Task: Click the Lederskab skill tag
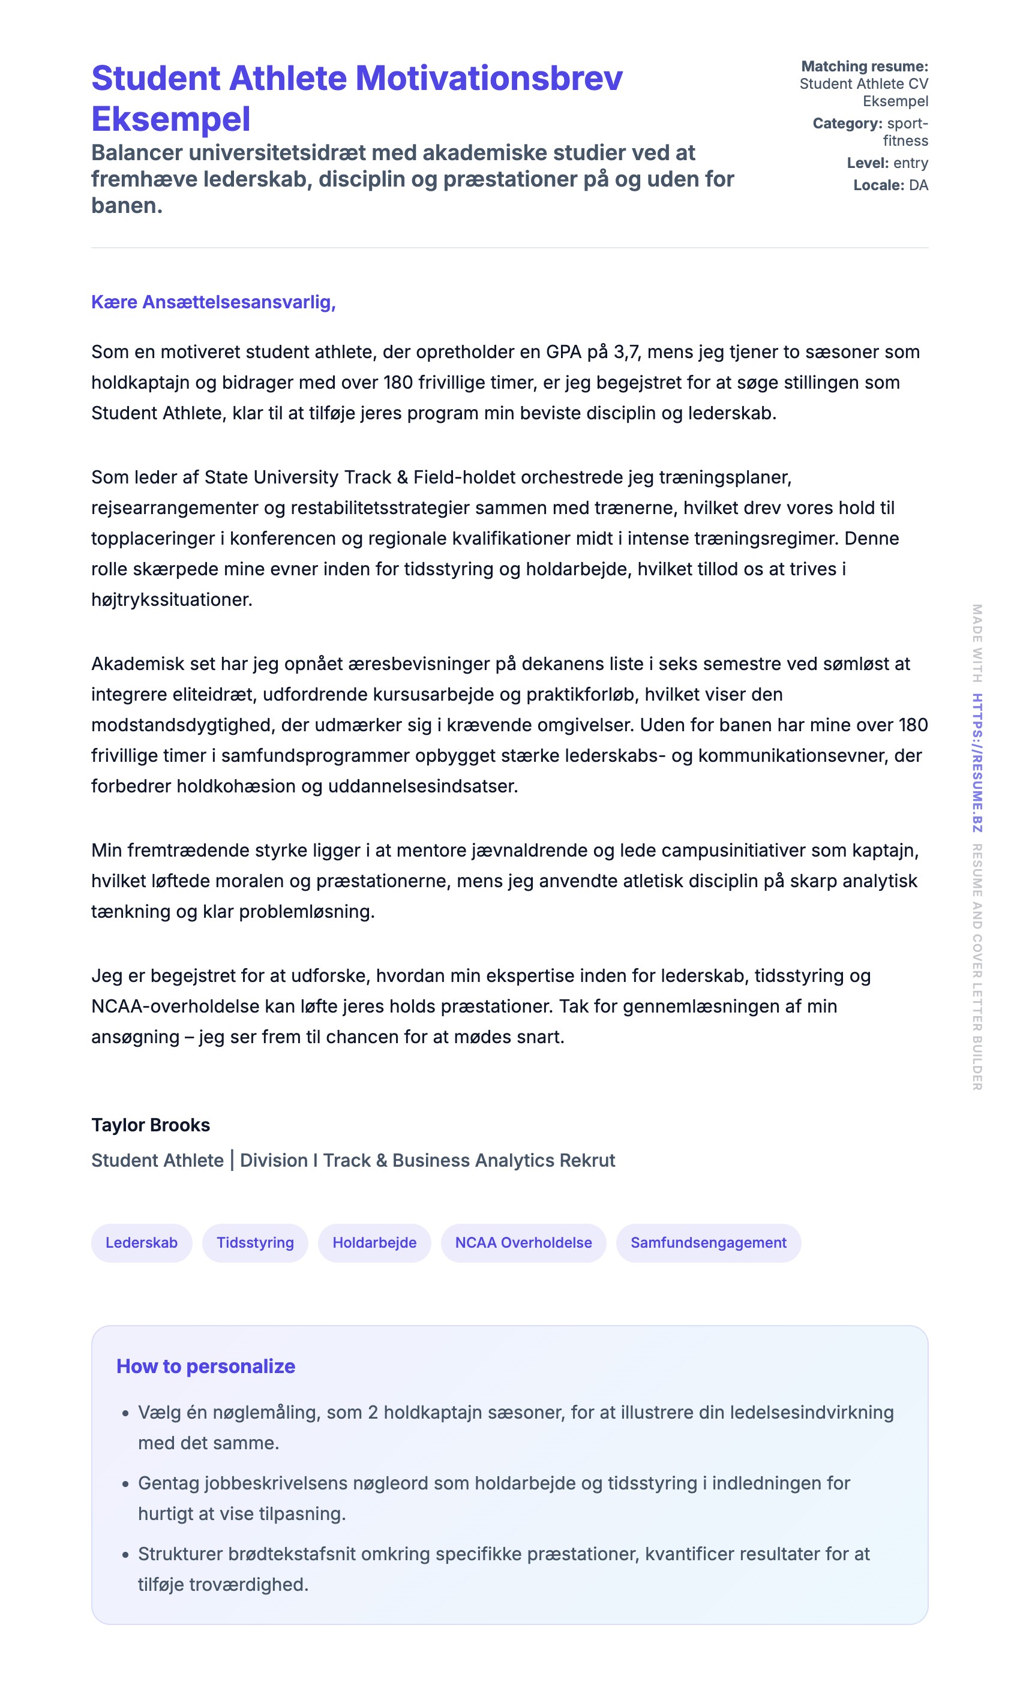click(142, 1242)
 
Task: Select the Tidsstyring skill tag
click(254, 1242)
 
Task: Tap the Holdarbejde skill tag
click(374, 1242)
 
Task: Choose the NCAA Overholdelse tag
click(523, 1242)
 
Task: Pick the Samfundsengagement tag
click(708, 1242)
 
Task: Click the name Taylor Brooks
click(150, 1125)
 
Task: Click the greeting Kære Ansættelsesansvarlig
click(213, 302)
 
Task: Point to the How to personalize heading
click(206, 1366)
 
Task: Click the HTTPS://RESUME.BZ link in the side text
click(977, 762)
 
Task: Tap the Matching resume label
click(865, 66)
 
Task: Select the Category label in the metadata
click(847, 124)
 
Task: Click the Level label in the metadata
click(867, 163)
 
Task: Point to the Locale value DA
click(918, 185)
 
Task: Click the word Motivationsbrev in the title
click(489, 78)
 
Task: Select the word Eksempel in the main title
click(170, 119)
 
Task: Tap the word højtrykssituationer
click(172, 600)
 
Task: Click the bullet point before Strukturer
click(125, 1555)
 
